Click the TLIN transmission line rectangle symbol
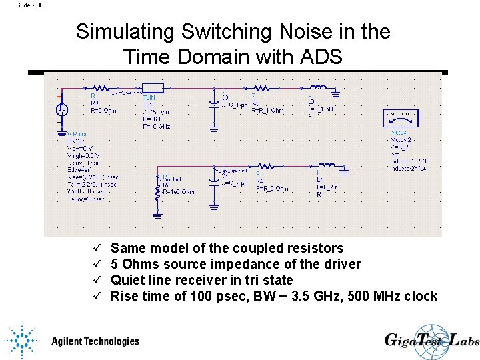click(x=153, y=87)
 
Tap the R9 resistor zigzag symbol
click(x=101, y=87)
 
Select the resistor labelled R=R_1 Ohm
click(x=261, y=87)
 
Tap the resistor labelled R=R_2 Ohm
click(x=266, y=165)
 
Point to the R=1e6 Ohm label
click(x=179, y=192)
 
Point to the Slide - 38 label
click(x=30, y=5)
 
